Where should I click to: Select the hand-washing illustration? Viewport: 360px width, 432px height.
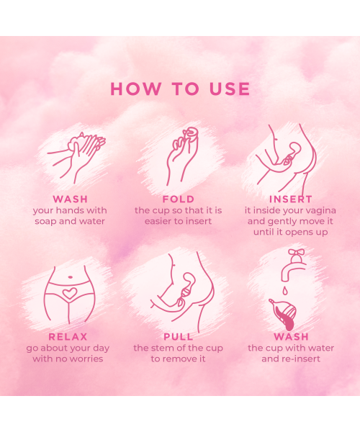click(76, 155)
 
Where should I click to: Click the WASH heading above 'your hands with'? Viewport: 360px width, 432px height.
click(70, 199)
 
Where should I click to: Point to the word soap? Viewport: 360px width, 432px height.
click(46, 221)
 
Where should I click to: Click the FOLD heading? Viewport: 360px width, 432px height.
click(178, 199)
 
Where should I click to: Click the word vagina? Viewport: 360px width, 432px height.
click(314, 210)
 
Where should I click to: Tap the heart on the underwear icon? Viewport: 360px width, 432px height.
click(68, 294)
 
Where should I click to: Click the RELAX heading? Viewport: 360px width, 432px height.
click(68, 336)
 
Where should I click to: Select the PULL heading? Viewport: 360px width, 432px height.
click(178, 336)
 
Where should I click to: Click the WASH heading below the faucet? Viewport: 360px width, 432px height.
click(291, 336)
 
